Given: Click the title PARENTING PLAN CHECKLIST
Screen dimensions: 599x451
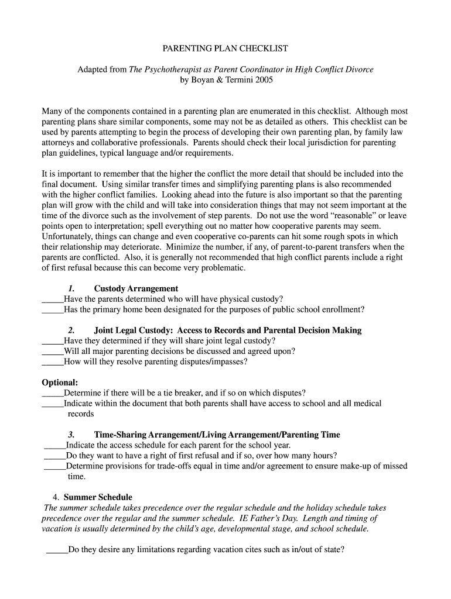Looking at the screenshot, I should point(225,48).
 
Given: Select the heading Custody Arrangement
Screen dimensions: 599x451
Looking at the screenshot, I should point(136,288).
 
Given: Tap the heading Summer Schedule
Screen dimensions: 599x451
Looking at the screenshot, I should point(98,497).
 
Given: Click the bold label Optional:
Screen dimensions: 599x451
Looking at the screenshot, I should point(60,383).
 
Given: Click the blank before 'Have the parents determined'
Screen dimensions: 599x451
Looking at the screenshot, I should point(53,299).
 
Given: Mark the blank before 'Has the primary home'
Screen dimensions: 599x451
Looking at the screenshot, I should point(53,310).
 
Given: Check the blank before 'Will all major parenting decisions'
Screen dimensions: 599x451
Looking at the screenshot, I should point(53,352).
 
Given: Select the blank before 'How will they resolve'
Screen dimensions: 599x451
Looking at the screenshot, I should point(53,362).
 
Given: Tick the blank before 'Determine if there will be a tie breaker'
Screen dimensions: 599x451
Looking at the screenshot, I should point(53,393).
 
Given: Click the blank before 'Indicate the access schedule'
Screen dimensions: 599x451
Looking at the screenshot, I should point(55,445).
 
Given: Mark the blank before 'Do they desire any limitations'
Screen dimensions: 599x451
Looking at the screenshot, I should point(57,550).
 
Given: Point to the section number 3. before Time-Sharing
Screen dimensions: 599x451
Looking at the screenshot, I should point(71,435).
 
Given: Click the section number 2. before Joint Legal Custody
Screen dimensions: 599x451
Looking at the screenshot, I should point(71,331).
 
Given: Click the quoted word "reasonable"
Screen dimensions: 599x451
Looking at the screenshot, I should point(330,216).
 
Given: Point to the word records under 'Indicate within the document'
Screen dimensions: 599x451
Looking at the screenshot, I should point(81,414).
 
